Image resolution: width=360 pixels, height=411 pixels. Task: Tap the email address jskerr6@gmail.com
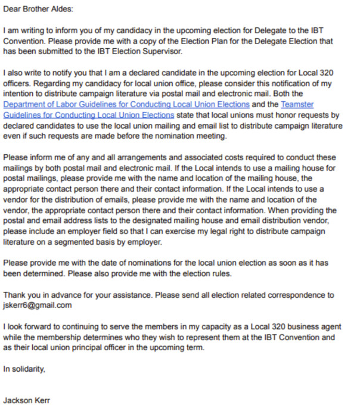38,305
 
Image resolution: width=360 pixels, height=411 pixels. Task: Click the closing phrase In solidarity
24,369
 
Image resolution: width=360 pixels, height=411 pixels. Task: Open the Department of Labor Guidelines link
126,104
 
